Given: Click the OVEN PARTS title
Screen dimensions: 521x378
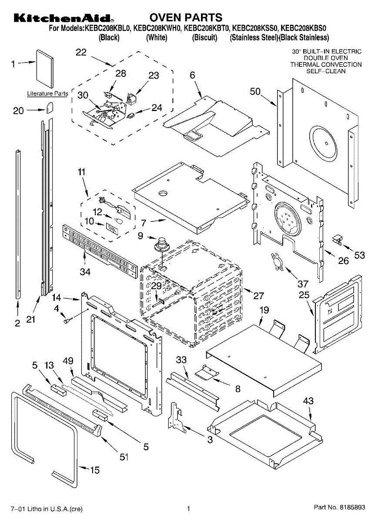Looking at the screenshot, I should pos(186,18).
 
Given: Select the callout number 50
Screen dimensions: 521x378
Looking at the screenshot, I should pos(255,92).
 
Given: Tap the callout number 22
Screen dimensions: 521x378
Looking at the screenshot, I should pos(81,53).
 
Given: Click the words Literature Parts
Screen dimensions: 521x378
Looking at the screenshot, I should pos(47,93).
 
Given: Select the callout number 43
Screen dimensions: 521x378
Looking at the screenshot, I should pos(308,401).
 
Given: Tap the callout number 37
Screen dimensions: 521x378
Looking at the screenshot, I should pos(303,284).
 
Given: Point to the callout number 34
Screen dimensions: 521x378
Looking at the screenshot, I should pos(85,272).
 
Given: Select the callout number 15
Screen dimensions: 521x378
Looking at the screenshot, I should pos(94,469).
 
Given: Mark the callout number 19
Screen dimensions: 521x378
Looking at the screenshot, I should pos(264,310).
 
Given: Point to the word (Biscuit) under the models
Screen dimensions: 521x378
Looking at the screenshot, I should pos(204,38).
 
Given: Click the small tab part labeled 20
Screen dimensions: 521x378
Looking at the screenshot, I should pos(50,107).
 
